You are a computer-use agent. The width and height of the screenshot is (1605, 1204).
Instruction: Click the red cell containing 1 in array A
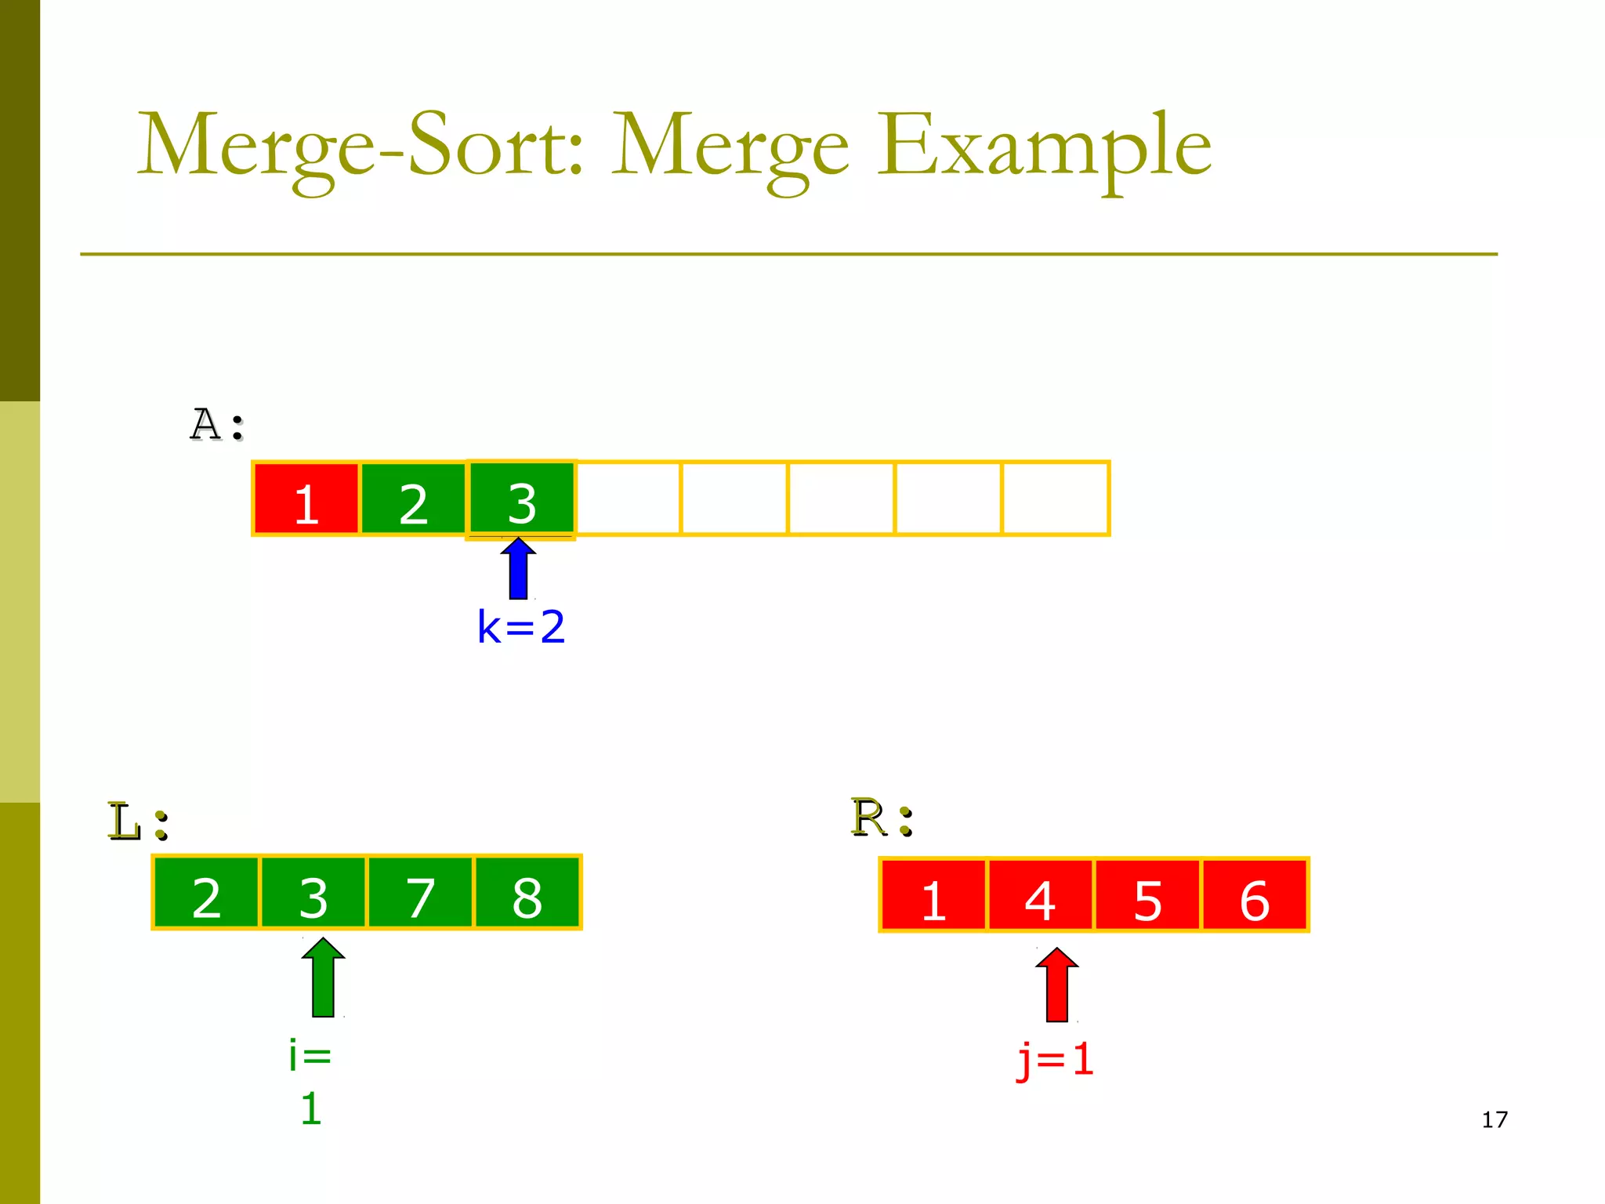306,499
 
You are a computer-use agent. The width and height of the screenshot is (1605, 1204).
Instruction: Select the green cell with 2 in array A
413,499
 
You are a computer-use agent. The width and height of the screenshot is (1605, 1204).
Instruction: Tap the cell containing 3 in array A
520,499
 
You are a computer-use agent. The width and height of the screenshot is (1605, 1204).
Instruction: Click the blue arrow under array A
519,570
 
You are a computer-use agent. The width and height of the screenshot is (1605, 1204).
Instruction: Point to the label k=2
521,627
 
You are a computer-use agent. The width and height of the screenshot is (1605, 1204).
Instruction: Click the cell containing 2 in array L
206,894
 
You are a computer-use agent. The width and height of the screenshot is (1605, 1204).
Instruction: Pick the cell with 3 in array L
313,894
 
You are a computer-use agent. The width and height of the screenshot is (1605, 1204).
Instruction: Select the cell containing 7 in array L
420,894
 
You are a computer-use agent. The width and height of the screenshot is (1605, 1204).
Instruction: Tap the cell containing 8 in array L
527,894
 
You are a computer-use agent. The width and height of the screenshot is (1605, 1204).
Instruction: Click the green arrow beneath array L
324,978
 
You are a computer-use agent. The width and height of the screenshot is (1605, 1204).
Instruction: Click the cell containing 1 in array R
933,896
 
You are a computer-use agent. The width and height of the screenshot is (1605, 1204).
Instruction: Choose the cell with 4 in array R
1040,896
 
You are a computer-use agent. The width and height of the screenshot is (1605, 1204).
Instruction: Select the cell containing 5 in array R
1147,896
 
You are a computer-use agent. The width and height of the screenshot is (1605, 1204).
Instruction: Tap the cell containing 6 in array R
1254,896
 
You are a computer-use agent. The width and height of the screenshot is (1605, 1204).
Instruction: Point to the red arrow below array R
1057,986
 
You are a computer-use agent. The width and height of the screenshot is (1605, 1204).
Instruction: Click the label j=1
1055,1060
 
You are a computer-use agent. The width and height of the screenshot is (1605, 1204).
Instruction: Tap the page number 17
1494,1119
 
